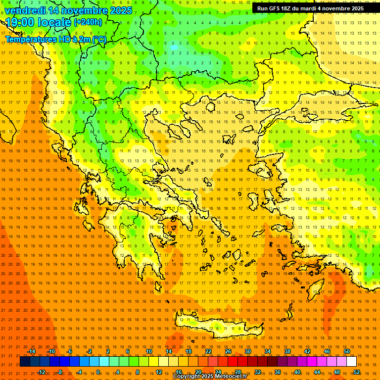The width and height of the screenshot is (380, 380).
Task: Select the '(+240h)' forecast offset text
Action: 88,22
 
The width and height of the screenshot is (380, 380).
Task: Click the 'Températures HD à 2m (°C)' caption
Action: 55,39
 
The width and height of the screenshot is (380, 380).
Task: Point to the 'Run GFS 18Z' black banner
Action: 310,8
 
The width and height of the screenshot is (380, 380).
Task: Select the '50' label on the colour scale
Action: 347,351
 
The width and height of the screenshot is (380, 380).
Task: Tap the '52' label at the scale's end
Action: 357,372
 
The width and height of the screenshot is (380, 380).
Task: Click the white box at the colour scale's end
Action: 351,362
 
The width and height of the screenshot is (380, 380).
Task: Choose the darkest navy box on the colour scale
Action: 25,362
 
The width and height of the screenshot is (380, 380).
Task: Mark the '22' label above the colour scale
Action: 208,351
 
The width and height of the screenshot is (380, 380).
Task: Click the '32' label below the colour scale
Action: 258,372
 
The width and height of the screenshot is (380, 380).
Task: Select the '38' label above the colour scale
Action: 287,351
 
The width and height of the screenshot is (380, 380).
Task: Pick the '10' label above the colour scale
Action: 149,351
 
